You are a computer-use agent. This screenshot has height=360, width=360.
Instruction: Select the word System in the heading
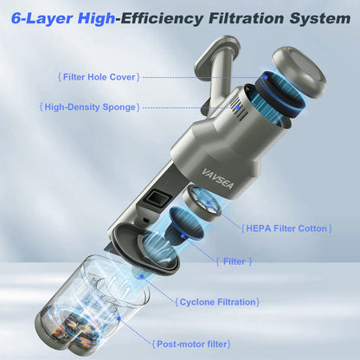[x=315, y=17]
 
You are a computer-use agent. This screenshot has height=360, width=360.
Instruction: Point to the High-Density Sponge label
[x=90, y=106]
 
